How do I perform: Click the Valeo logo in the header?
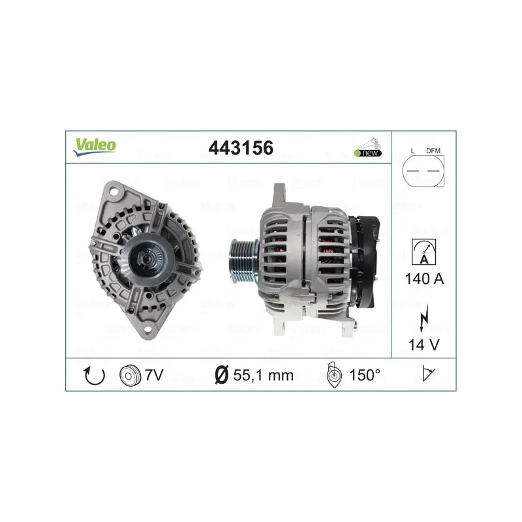(95, 147)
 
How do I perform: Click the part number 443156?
(241, 148)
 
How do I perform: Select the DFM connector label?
(433, 151)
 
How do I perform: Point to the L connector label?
(412, 151)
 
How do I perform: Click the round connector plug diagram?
(423, 171)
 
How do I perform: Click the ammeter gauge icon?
(423, 252)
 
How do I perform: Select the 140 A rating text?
(424, 279)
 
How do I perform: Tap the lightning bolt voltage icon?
(423, 318)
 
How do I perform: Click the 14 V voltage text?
(423, 345)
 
